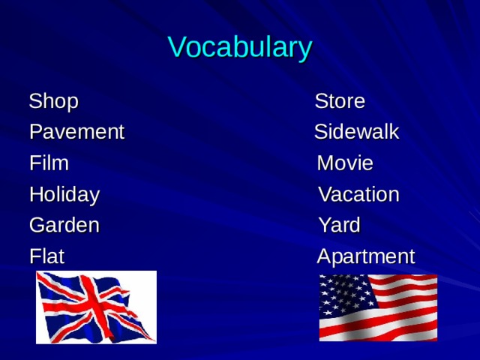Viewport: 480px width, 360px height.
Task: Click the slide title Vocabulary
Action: click(239, 47)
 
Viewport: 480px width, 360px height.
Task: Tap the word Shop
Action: click(53, 101)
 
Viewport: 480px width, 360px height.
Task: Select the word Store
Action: click(340, 101)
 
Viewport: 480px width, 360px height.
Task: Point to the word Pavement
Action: click(76, 133)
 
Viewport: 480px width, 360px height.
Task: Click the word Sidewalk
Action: click(356, 133)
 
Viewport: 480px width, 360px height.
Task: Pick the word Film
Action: click(49, 163)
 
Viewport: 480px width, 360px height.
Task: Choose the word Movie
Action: click(345, 163)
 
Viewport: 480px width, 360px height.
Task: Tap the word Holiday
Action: click(64, 195)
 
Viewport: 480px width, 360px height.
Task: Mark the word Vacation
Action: click(358, 195)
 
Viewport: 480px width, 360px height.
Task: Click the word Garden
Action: click(64, 225)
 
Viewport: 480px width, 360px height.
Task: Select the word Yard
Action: click(339, 225)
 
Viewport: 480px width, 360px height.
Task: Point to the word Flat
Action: click(46, 256)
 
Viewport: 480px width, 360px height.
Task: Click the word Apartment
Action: click(365, 256)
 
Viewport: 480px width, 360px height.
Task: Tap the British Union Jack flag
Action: click(96, 307)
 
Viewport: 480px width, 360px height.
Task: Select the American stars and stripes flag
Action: click(378, 307)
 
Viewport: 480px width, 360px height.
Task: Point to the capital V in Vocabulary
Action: click(176, 47)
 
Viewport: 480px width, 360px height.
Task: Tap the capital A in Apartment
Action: click(324, 256)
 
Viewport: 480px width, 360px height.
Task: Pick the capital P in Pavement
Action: click(34, 133)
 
